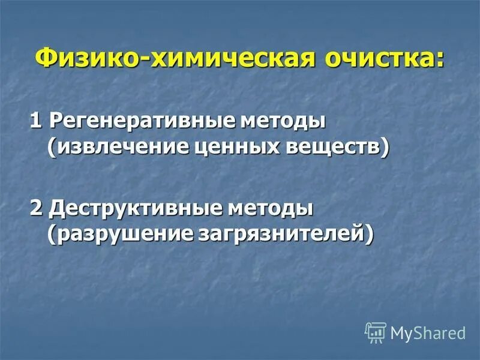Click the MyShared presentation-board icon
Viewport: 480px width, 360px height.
[x=376, y=332]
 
